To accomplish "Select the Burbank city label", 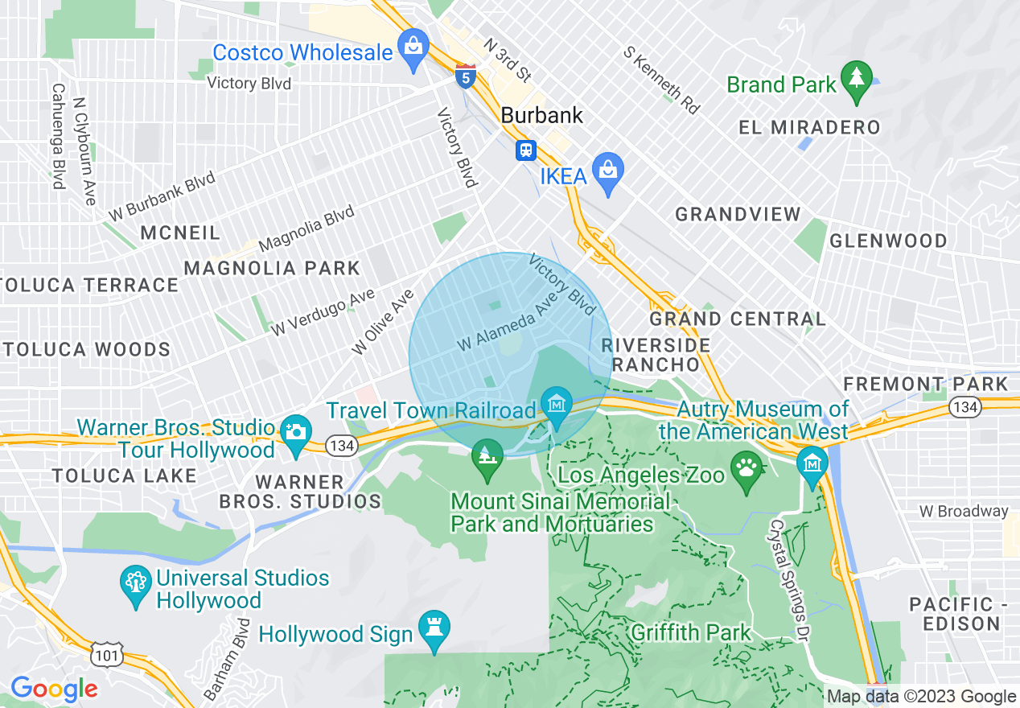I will (x=541, y=115).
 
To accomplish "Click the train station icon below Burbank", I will (x=527, y=150).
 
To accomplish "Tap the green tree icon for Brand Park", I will (x=856, y=79).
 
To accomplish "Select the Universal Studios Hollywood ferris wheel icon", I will (x=135, y=586).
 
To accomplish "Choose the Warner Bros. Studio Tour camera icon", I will (x=296, y=433).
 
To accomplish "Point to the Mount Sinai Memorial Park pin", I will (x=487, y=456).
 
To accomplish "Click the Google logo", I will (x=54, y=689).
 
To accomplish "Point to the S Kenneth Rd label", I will (x=661, y=79).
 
